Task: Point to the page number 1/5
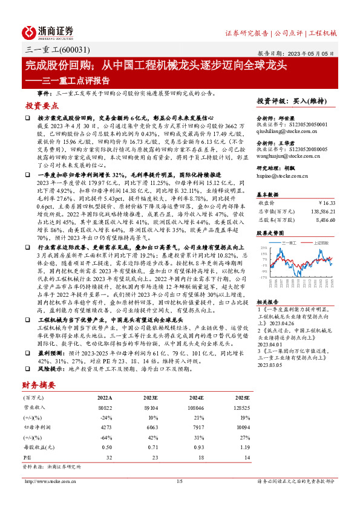(179, 481)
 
